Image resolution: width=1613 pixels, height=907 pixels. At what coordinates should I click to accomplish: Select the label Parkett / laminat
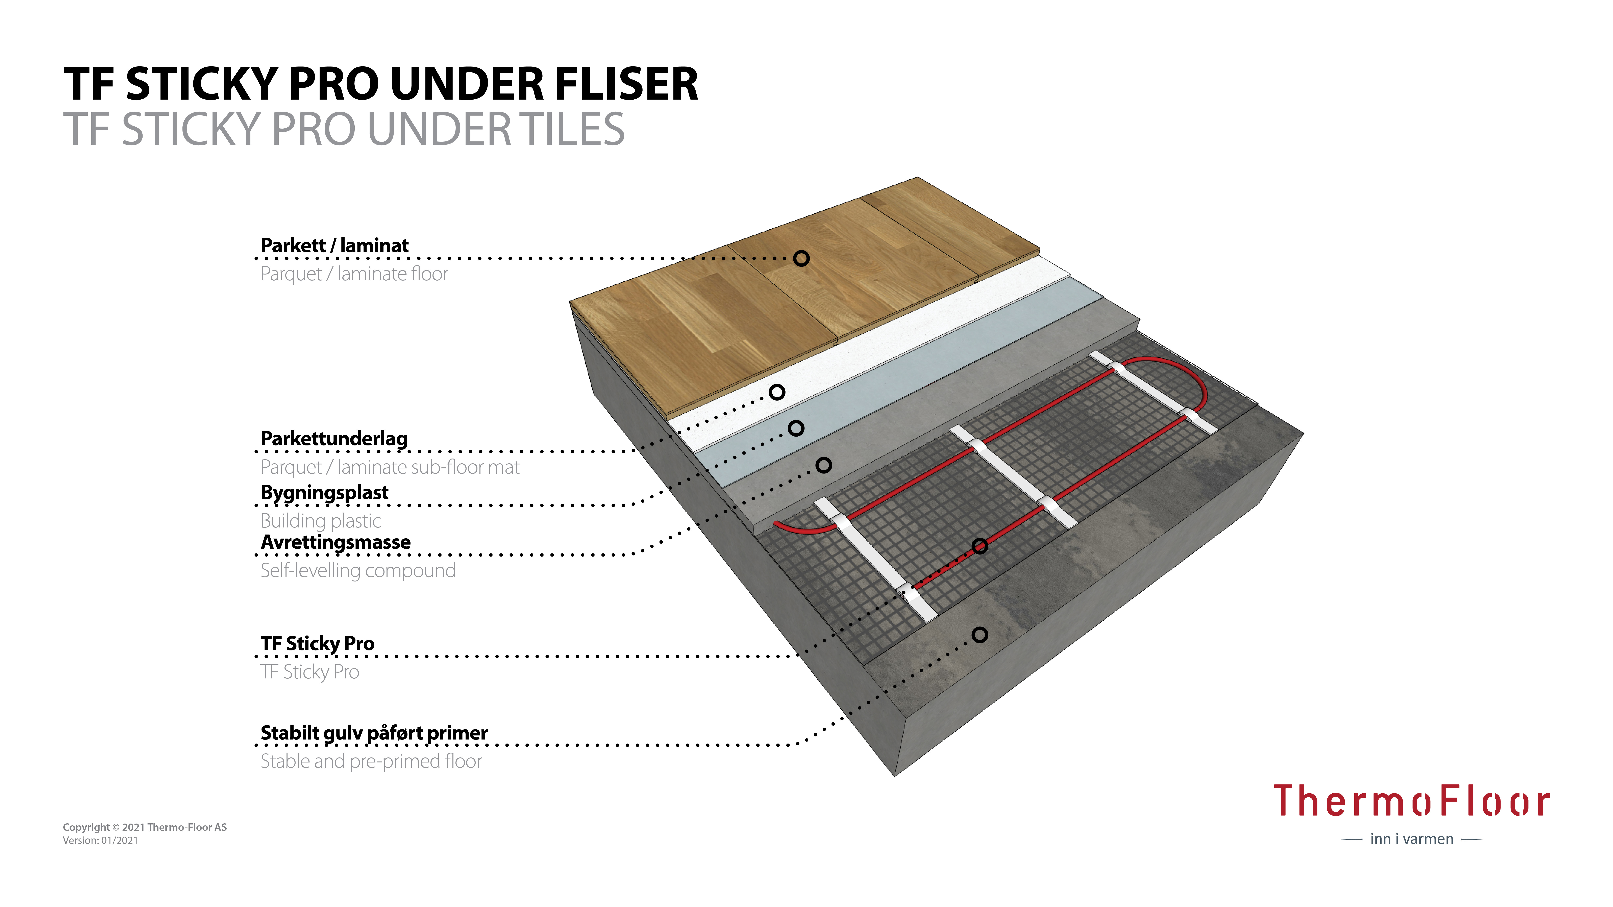334,245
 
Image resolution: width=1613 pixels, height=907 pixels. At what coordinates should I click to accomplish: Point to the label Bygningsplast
324,493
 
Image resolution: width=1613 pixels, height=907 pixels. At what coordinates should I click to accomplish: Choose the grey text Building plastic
321,521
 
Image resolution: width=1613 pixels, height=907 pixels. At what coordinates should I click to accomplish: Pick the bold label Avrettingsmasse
336,542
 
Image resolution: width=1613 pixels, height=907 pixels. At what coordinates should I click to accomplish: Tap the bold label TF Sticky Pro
318,644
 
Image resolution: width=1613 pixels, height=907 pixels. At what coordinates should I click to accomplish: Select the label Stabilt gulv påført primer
374,733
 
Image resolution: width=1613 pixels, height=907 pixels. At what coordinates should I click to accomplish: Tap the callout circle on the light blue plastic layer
796,428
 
